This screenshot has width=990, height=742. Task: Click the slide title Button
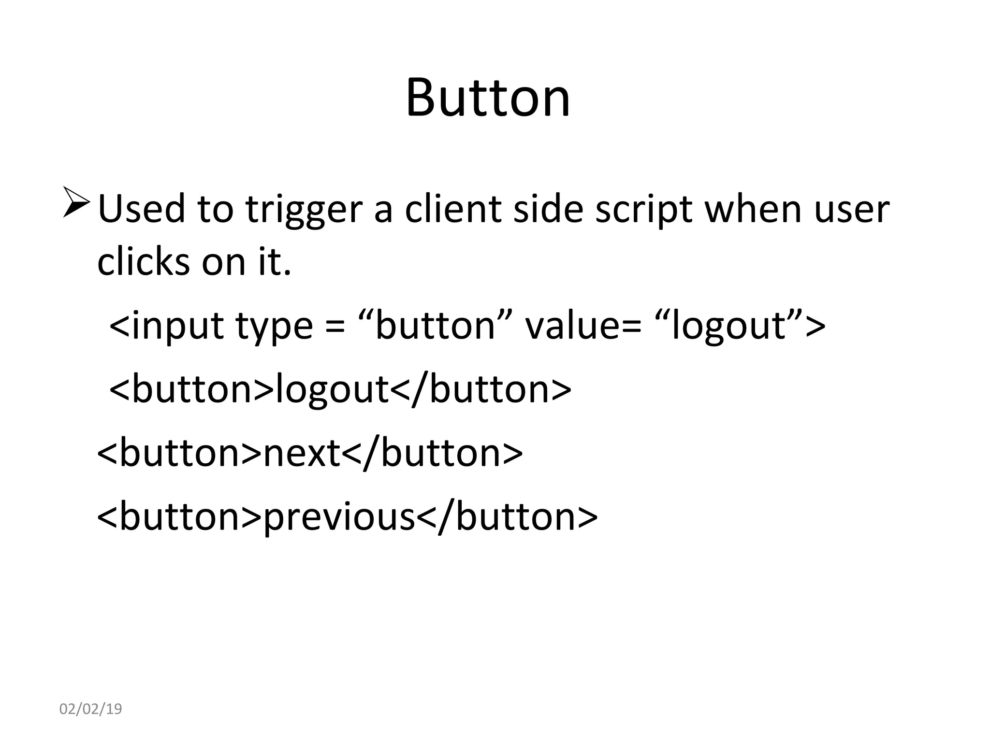[x=488, y=98]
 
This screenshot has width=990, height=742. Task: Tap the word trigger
[x=304, y=211]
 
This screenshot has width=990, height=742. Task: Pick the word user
[x=851, y=211]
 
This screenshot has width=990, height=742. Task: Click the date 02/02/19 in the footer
[x=90, y=709]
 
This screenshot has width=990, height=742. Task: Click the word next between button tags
[x=302, y=453]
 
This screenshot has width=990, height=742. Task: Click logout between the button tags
[x=332, y=390]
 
